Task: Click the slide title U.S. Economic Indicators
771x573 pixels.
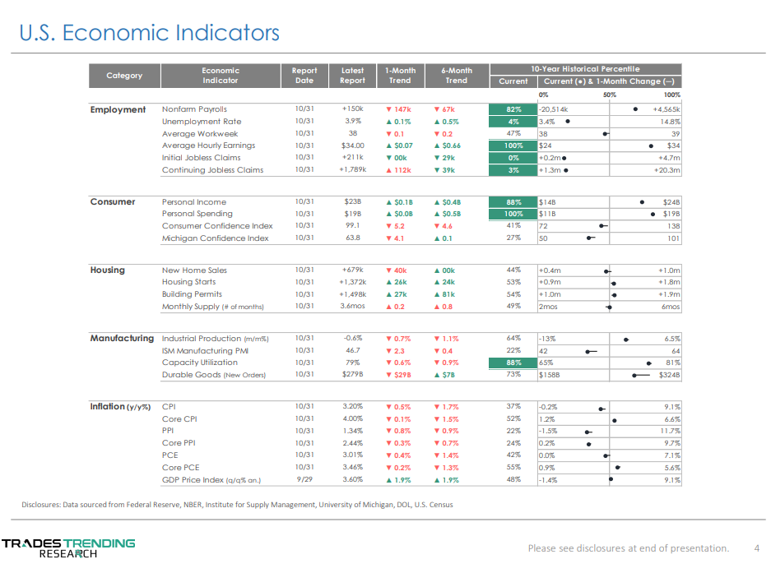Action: point(149,33)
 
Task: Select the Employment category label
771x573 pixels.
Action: point(118,109)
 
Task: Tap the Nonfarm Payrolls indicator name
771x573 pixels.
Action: point(194,109)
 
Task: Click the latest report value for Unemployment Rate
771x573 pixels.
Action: point(352,122)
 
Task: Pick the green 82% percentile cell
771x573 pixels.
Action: point(513,109)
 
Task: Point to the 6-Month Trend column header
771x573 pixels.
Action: point(456,76)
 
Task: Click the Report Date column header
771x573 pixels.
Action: point(304,76)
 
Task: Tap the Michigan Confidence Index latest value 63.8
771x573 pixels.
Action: point(352,238)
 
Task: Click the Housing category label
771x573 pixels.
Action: point(108,270)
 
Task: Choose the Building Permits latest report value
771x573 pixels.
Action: point(352,294)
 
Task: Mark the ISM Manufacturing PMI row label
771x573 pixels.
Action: point(204,350)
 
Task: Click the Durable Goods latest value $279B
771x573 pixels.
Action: point(352,375)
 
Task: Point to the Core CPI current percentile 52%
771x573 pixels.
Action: point(513,419)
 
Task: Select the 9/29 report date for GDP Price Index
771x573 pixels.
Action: point(304,479)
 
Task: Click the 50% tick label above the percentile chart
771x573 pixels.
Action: point(610,95)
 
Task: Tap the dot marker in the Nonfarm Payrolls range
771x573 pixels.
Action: point(635,109)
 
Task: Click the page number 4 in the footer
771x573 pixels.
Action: point(756,548)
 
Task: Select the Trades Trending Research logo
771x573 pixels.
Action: point(68,548)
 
